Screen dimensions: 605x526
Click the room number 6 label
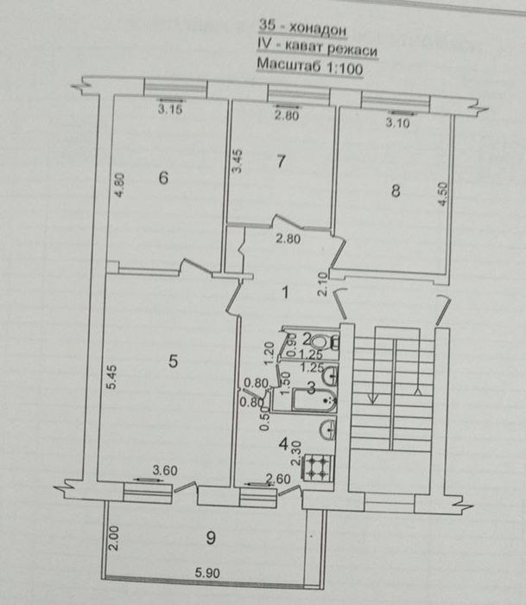coord(163,178)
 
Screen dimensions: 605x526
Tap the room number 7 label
coord(279,161)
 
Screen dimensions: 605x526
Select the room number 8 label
coord(396,192)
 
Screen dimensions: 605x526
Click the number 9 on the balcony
coord(212,537)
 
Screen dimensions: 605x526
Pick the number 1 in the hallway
coord(287,292)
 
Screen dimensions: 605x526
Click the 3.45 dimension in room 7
coord(233,165)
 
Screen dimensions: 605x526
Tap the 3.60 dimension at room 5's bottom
coord(165,471)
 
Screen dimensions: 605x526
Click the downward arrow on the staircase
coord(372,397)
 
